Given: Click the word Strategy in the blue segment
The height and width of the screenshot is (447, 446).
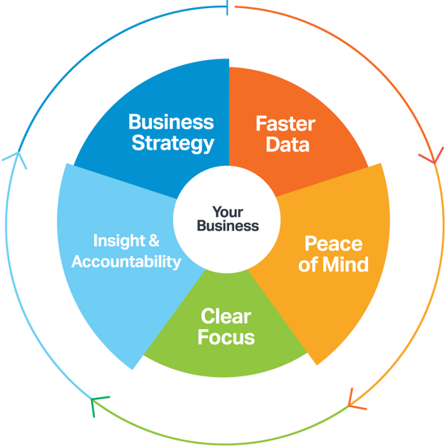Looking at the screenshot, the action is tap(173, 143).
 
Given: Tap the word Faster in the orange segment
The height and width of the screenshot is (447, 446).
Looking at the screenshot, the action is tap(285, 124).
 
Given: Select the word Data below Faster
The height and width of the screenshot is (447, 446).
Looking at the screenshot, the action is tap(288, 144).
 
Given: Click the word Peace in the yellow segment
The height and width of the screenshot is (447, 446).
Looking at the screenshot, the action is tap(333, 244).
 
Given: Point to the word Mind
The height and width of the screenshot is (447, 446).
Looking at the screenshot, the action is tap(346, 265).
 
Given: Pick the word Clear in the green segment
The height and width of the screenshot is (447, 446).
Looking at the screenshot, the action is tap(226, 316).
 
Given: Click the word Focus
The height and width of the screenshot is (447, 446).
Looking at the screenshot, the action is tap(226, 337).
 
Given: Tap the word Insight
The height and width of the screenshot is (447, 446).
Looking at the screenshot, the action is tap(119, 241).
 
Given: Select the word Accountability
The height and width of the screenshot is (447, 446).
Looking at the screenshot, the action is tap(126, 262).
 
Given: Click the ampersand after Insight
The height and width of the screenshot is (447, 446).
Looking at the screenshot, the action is tap(154, 241).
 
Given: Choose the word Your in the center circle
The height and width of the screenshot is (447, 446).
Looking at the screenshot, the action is tap(227, 212).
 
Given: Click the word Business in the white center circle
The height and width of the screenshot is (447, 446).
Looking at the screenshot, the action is tap(227, 225).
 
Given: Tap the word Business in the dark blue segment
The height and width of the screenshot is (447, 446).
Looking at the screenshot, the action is tap(171, 122).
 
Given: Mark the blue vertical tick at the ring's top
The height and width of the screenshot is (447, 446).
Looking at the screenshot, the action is tap(227, 7).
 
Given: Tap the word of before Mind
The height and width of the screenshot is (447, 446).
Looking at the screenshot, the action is tap(308, 265).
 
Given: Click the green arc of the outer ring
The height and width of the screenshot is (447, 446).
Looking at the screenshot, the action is tap(219, 444).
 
